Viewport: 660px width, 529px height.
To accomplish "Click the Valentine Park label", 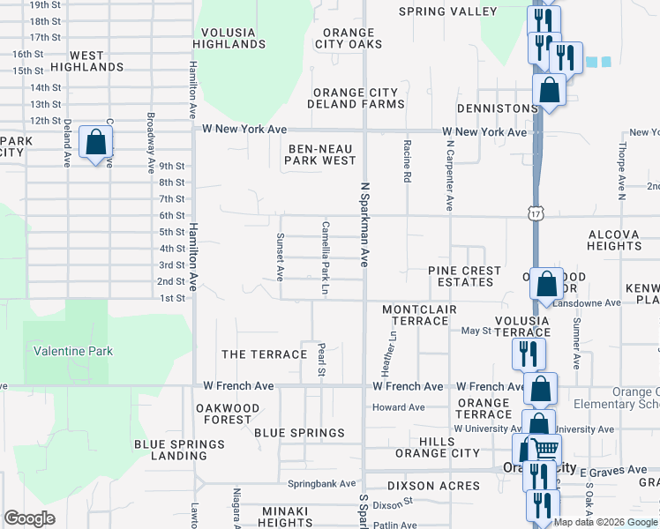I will click(x=73, y=351).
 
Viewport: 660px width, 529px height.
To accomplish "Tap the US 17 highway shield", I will click(x=536, y=213).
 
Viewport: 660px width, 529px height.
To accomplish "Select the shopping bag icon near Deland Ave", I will click(x=95, y=142).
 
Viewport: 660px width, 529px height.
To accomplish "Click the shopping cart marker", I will click(x=545, y=449).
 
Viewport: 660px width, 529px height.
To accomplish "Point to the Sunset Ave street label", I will click(x=280, y=257).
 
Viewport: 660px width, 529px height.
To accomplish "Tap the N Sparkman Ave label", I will click(x=364, y=224).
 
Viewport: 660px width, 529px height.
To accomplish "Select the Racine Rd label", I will click(x=407, y=160).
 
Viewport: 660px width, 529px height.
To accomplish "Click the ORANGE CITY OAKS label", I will click(x=348, y=38).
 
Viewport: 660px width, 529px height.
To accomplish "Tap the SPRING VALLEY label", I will click(x=447, y=11).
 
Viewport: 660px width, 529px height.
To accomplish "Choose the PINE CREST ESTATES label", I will click(x=464, y=276).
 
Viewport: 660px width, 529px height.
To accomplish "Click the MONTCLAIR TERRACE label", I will click(x=416, y=315).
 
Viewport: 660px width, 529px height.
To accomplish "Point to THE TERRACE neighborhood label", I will click(x=264, y=354).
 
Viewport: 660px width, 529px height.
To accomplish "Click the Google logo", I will click(x=29, y=518).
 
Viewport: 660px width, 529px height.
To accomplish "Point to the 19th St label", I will click(x=44, y=4).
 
